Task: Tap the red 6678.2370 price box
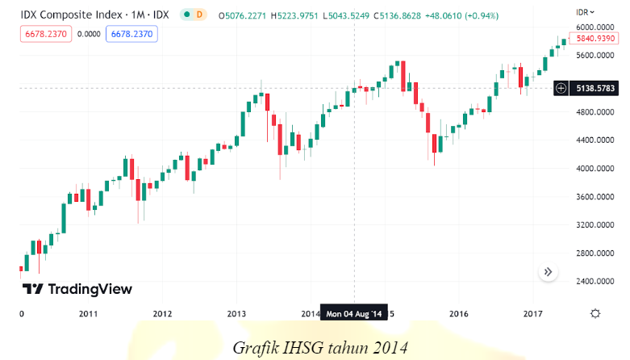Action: tap(48, 34)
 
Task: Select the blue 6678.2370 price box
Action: tap(134, 34)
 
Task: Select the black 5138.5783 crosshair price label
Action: tap(596, 88)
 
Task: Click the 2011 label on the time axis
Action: tap(89, 313)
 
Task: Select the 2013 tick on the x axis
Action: tap(236, 313)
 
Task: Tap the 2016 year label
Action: tap(459, 313)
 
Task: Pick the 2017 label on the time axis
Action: tap(532, 313)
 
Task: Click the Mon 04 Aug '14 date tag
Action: tap(355, 313)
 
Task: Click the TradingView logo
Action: tap(77, 289)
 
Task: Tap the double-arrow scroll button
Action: tap(548, 272)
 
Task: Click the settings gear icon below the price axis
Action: tap(595, 313)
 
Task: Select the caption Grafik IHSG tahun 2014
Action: tap(321, 347)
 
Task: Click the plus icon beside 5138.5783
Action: tap(561, 88)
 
